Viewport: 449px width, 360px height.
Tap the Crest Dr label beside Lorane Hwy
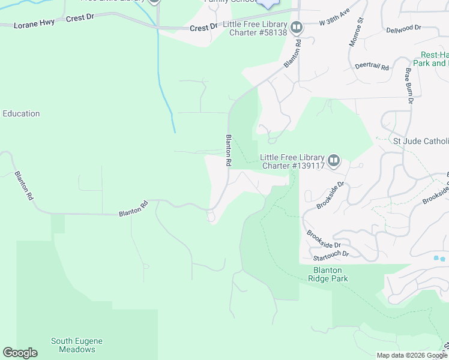click(80, 19)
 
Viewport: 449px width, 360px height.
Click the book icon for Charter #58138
click(297, 27)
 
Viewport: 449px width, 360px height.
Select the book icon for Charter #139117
click(334, 161)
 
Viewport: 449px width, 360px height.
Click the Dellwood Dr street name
click(404, 28)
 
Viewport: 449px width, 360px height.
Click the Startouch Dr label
click(329, 254)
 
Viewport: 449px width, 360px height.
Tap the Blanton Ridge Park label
click(328, 274)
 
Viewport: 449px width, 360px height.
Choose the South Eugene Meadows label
click(77, 345)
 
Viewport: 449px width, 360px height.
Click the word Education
click(21, 113)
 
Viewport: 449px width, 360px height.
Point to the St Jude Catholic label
click(420, 141)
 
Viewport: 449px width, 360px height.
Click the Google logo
click(20, 353)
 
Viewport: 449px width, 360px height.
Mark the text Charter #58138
click(258, 32)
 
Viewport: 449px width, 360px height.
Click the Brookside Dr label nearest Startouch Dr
click(324, 238)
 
